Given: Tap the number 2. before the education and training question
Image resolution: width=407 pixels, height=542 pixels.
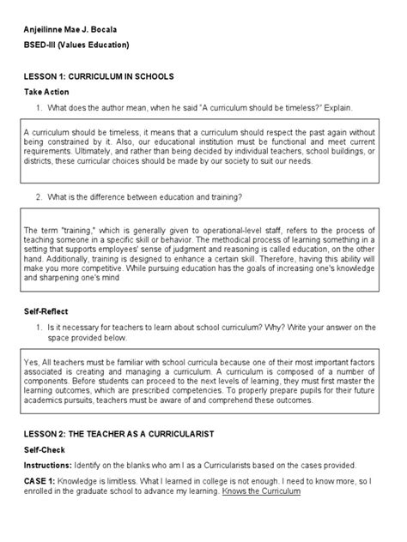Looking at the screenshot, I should click(x=39, y=196).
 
